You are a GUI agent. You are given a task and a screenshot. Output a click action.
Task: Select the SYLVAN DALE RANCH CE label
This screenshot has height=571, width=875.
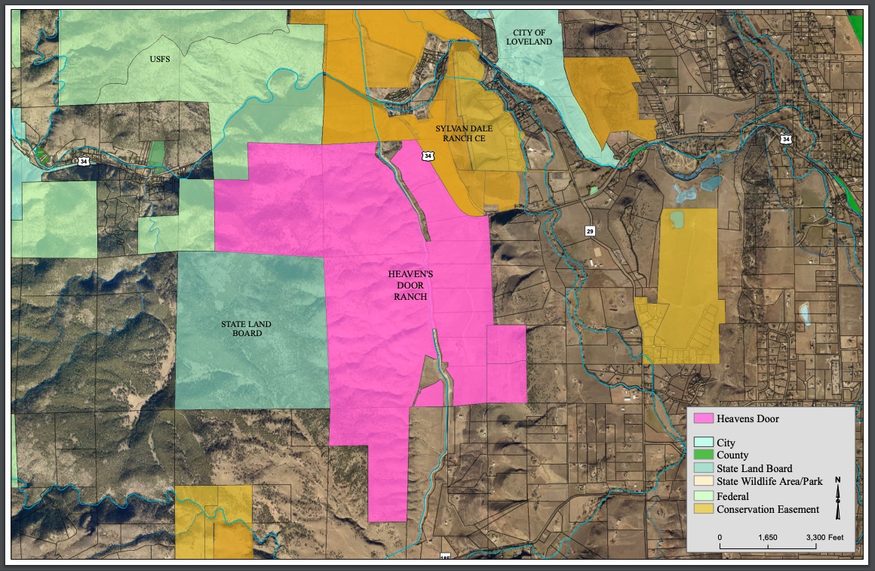[464, 134]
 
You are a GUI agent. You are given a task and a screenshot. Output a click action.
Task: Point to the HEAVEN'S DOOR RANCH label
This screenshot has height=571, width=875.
[410, 286]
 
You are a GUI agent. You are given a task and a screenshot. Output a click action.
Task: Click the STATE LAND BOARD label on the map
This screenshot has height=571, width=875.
[246, 329]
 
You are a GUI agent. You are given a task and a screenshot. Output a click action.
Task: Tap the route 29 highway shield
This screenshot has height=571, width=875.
[590, 229]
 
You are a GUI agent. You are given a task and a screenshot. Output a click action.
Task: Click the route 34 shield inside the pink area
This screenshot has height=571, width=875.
[428, 156]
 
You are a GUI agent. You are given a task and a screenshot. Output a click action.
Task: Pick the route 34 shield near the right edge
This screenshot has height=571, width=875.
[786, 140]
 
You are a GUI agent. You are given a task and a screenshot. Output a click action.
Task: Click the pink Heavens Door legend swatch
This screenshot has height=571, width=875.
[703, 418]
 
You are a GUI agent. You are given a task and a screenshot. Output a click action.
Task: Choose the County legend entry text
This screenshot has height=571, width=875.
[732, 455]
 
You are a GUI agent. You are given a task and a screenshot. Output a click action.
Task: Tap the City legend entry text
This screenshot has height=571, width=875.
[726, 443]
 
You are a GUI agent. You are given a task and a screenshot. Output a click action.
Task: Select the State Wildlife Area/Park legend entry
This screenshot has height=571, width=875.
[769, 482]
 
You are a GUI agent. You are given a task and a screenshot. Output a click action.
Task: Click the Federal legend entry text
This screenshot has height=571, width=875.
[732, 496]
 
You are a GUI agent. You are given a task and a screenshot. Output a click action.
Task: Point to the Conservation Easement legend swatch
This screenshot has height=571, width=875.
[703, 509]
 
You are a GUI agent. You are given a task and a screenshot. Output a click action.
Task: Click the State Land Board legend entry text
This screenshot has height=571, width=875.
[754, 468]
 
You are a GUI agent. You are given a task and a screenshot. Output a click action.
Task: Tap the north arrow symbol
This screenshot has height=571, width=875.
[838, 498]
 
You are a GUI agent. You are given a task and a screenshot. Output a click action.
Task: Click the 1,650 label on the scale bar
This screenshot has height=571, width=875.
[767, 537]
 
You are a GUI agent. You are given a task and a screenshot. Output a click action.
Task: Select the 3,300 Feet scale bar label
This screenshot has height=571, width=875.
[824, 537]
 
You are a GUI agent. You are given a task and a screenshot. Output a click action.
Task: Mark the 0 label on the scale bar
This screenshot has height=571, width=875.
[720, 537]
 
